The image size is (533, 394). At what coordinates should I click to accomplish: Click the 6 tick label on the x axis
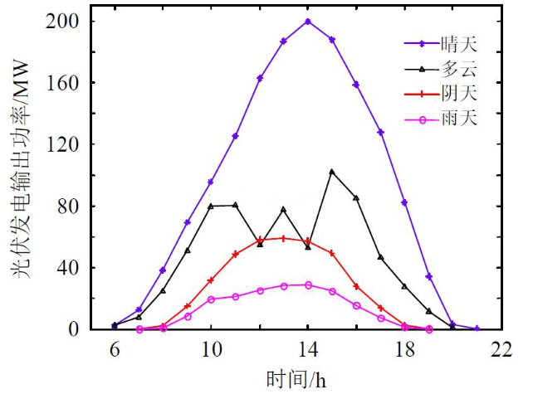pyautogui.click(x=115, y=350)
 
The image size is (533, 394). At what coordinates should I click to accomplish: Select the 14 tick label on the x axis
pyautogui.click(x=308, y=350)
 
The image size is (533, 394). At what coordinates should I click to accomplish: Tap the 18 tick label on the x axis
pyautogui.click(x=404, y=350)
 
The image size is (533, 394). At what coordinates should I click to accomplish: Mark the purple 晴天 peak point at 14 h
pyautogui.click(x=308, y=22)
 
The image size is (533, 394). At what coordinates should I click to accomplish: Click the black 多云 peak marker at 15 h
pyautogui.click(x=332, y=172)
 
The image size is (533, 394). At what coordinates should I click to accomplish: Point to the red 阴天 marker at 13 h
pyautogui.click(x=284, y=238)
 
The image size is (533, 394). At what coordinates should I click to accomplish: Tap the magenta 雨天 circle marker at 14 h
pyautogui.click(x=308, y=285)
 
